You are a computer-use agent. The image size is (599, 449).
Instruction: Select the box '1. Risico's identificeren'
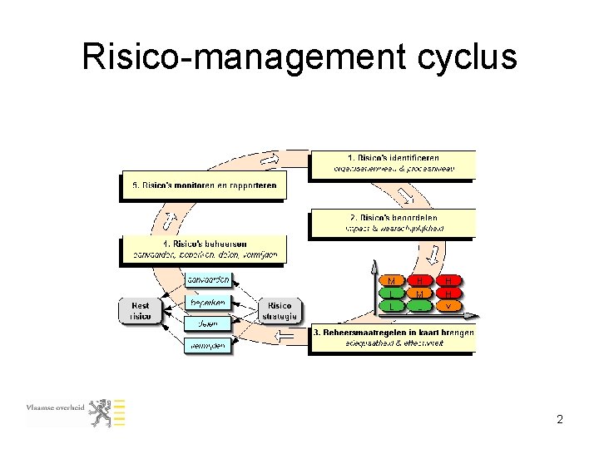click(393, 163)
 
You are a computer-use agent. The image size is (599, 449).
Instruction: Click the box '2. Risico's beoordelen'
click(393, 223)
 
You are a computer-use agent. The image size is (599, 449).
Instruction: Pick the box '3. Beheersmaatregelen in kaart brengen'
click(394, 338)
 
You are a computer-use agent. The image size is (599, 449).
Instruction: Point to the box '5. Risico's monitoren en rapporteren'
click(204, 185)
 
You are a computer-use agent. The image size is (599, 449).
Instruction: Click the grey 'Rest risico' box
click(140, 310)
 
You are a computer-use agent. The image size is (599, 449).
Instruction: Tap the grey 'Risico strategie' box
click(280, 310)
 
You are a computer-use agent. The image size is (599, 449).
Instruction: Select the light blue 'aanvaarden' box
click(208, 279)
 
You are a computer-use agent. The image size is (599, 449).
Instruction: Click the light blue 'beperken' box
click(208, 303)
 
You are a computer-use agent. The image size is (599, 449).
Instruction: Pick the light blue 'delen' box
click(208, 323)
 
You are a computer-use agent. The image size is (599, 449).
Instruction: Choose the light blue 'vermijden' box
click(208, 344)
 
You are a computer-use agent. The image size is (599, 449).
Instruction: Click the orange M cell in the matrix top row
click(391, 281)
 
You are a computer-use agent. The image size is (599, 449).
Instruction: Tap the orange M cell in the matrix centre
click(420, 294)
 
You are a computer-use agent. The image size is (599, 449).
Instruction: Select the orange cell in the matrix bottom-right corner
click(448, 306)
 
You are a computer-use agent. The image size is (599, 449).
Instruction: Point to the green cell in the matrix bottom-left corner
click(391, 306)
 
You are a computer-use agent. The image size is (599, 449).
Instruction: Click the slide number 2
click(560, 420)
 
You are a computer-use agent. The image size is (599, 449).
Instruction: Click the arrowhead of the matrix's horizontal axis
click(475, 315)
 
